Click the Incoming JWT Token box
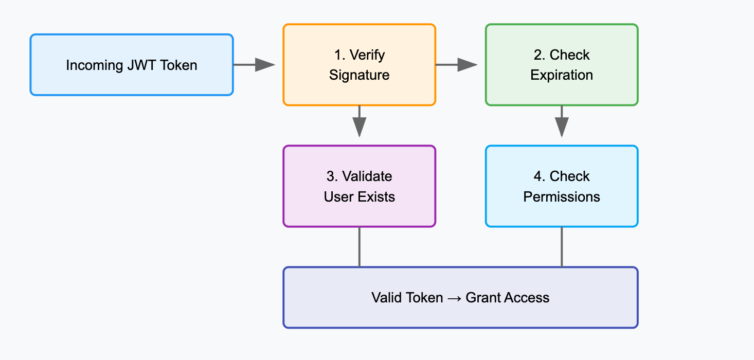(x=132, y=65)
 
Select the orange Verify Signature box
(x=360, y=65)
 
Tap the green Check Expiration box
(x=562, y=65)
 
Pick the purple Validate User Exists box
(x=360, y=186)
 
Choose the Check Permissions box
(x=562, y=186)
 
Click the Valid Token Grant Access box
(x=460, y=297)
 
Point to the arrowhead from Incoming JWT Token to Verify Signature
(x=265, y=65)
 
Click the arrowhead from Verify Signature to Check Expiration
(x=467, y=65)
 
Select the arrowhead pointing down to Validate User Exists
(x=360, y=127)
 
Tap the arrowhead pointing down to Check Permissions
(x=562, y=127)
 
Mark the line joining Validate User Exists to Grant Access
(x=360, y=247)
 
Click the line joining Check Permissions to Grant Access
(x=562, y=247)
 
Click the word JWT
(x=141, y=65)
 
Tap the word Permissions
(x=562, y=197)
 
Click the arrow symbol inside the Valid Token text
(x=454, y=298)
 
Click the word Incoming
(x=95, y=66)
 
